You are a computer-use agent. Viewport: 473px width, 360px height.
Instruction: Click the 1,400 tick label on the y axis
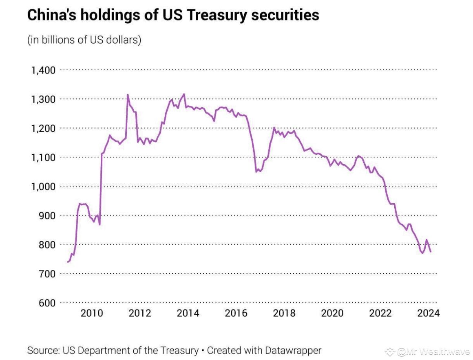pyautogui.click(x=43, y=70)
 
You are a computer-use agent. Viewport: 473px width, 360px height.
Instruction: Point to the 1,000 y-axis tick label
pyautogui.click(x=43, y=187)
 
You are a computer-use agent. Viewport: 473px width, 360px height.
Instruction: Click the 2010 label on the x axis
pyautogui.click(x=91, y=313)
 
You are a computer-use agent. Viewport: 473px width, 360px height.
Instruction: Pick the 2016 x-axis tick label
pyautogui.click(x=236, y=313)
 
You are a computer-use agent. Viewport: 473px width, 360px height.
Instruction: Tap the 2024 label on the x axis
pyautogui.click(x=429, y=313)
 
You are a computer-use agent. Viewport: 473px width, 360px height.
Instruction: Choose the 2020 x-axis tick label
pyautogui.click(x=332, y=313)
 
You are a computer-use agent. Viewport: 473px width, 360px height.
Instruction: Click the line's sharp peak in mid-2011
pyautogui.click(x=128, y=95)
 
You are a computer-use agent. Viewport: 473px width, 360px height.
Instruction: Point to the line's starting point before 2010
pyautogui.click(x=68, y=262)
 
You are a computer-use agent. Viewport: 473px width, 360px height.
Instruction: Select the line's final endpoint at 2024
pyautogui.click(x=431, y=252)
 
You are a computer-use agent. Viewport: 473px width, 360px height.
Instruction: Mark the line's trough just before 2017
pyautogui.click(x=256, y=171)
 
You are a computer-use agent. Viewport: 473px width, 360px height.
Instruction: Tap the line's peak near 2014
pyautogui.click(x=184, y=94)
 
